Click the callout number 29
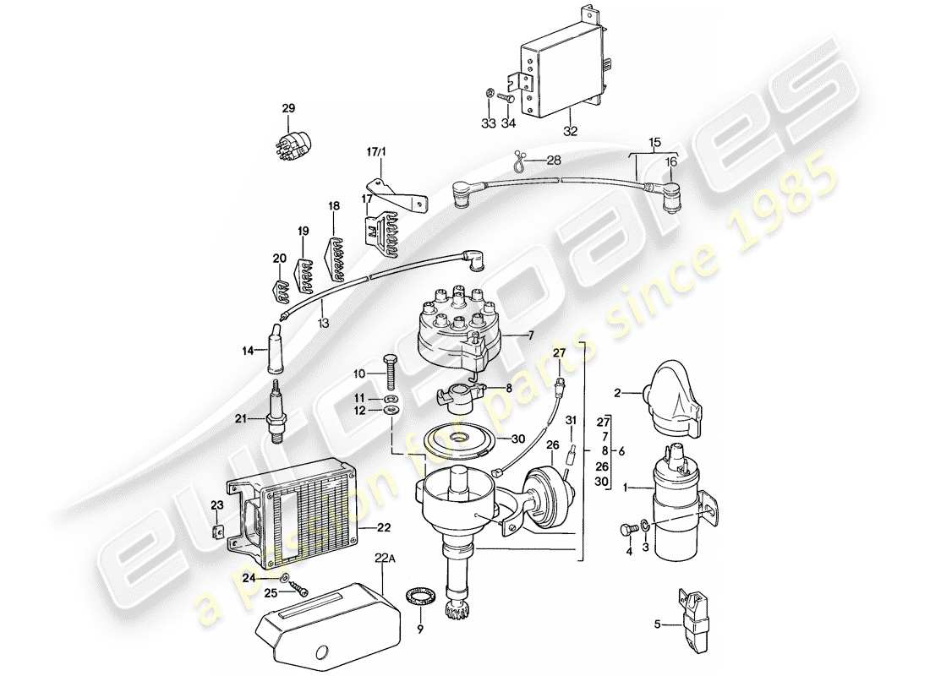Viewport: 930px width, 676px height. coord(289,108)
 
